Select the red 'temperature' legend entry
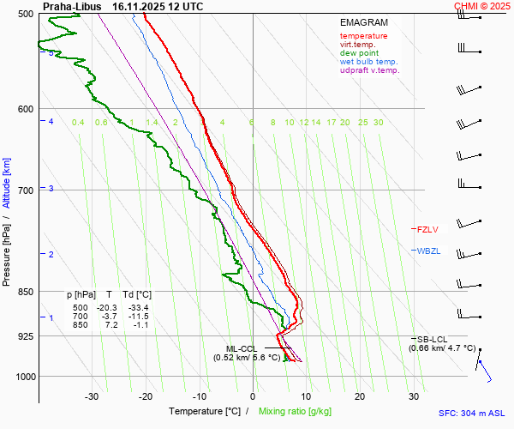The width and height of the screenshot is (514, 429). pyautogui.click(x=363, y=36)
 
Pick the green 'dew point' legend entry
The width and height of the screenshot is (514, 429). pyautogui.click(x=359, y=53)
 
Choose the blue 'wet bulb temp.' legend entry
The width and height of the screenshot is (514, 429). pyautogui.click(x=368, y=62)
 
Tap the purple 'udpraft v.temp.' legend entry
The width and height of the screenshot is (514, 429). pyautogui.click(x=369, y=70)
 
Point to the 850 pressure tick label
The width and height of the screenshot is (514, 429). pyautogui.click(x=24, y=292)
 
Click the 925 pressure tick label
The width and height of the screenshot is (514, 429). pyautogui.click(x=24, y=336)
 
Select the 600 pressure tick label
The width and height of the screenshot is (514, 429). pyautogui.click(x=24, y=109)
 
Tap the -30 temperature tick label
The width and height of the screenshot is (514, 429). pyautogui.click(x=92, y=396)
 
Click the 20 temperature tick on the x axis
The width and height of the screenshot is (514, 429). pyautogui.click(x=360, y=396)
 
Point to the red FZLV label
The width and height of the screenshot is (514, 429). pyautogui.click(x=427, y=229)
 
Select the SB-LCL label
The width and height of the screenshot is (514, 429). pyautogui.click(x=433, y=340)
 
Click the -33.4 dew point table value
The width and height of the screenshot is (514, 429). pyautogui.click(x=138, y=308)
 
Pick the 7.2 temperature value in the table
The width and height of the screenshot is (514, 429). pyautogui.click(x=111, y=325)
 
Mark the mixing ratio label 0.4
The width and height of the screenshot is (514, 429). pyautogui.click(x=78, y=123)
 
